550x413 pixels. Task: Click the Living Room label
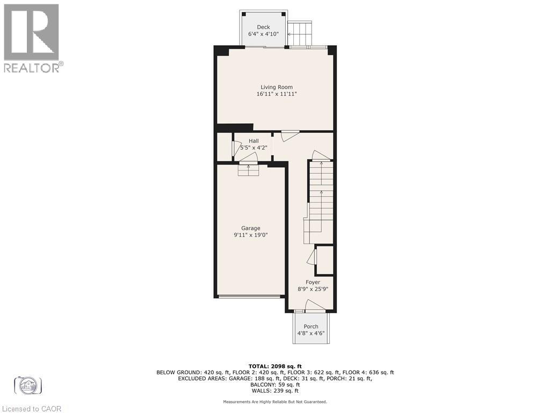tap(277, 87)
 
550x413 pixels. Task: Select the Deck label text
tap(263, 27)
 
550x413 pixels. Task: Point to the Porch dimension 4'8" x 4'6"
tap(311, 333)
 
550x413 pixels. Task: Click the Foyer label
tap(313, 282)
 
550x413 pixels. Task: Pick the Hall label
tap(254, 141)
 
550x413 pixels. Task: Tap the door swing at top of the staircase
tap(321, 155)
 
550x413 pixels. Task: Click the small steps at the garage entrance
tap(249, 170)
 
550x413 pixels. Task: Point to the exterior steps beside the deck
tap(300, 33)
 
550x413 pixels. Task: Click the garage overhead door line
tap(250, 296)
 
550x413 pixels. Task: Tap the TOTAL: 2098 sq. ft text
tap(274, 366)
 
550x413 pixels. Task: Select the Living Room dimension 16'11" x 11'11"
tap(277, 94)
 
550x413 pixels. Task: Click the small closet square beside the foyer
tap(324, 260)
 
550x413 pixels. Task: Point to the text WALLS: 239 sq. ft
tap(274, 391)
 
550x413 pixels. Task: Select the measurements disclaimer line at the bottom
tap(274, 402)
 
